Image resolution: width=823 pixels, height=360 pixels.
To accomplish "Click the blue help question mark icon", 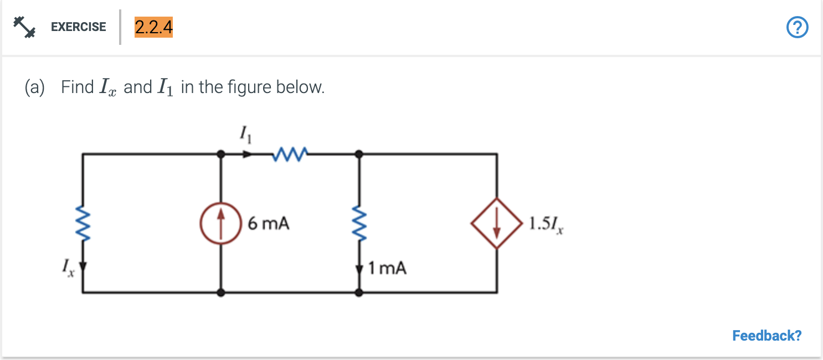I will click(x=797, y=27).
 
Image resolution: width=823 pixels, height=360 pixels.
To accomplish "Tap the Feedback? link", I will click(x=767, y=336).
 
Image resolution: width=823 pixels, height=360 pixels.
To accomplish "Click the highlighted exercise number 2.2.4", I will click(x=153, y=27).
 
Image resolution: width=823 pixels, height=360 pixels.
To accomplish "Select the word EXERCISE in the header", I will click(x=78, y=27).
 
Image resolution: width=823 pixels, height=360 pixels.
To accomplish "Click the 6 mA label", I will click(x=269, y=224).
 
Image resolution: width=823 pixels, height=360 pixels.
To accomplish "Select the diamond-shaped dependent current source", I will click(x=497, y=224).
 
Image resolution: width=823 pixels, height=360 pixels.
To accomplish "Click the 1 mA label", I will click(x=387, y=269).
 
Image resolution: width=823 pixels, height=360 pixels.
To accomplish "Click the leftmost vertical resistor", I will click(x=83, y=224).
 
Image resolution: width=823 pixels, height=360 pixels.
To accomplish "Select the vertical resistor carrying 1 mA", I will click(x=359, y=224).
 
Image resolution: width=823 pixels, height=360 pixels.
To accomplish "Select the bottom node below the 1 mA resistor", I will click(x=359, y=292).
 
